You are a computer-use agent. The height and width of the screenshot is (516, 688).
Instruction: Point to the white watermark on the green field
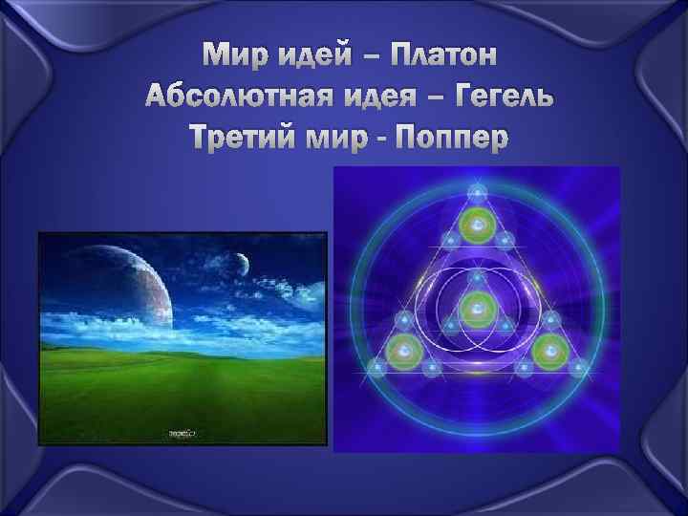182,432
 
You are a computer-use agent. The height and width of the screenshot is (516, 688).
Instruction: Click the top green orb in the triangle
475,226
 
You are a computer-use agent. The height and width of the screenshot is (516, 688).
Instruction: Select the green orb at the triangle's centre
475,309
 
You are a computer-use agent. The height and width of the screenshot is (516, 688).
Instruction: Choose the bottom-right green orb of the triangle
548,350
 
